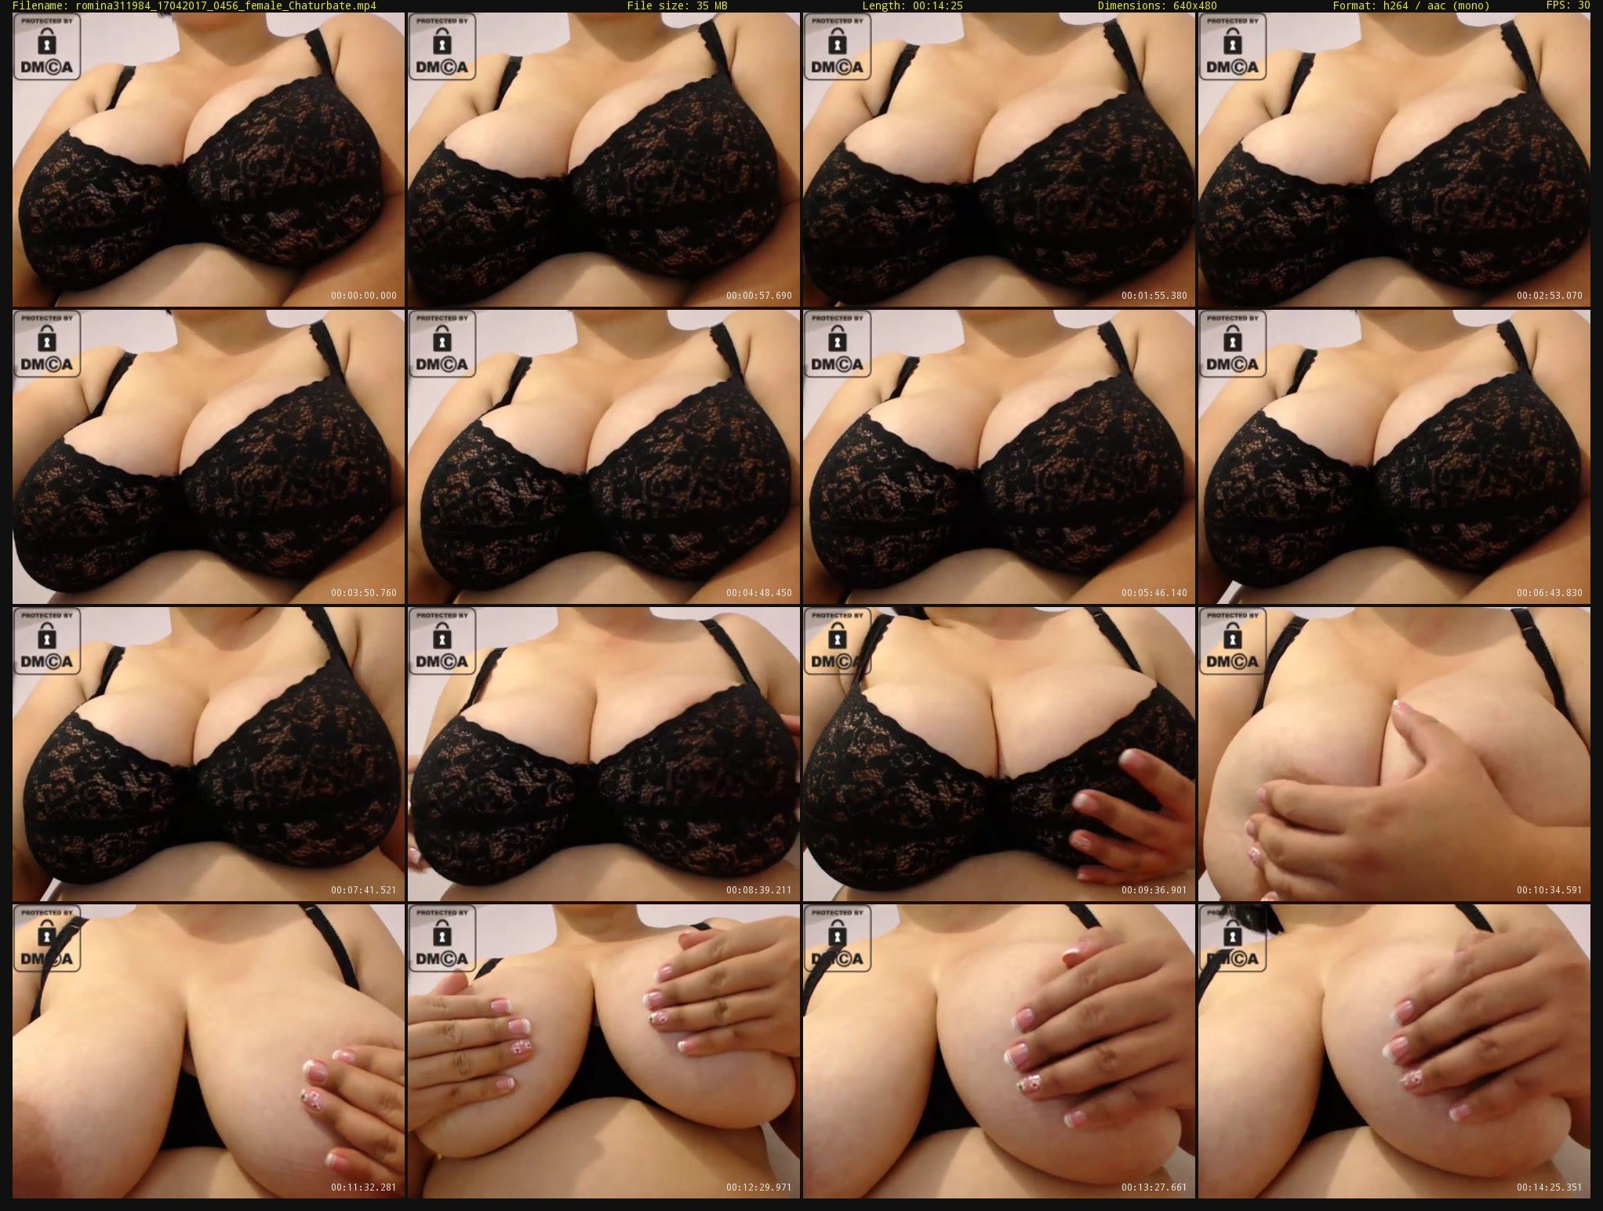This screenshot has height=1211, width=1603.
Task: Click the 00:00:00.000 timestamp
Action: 364,296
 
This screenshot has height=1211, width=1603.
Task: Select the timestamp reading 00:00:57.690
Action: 759,296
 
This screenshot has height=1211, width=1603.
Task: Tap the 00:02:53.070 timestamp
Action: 1550,296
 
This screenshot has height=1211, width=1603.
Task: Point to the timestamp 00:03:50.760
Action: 364,593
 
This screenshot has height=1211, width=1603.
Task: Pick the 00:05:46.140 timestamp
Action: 1154,593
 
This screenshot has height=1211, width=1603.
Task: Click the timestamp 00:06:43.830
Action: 1550,593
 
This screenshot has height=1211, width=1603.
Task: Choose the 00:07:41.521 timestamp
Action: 364,890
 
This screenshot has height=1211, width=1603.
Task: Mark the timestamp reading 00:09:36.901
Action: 1154,890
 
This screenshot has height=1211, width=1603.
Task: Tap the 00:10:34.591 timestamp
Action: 1550,890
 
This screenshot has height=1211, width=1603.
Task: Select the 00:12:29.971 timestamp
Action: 759,1187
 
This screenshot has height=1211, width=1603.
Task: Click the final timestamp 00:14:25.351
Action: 1550,1187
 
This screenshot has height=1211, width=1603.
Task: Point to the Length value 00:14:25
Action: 936,5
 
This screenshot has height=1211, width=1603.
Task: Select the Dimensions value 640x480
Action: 1168,5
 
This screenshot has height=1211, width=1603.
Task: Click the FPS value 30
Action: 1584,5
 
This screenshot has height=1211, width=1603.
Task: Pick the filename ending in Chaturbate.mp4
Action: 226,5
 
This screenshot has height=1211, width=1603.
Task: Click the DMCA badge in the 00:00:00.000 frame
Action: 47,47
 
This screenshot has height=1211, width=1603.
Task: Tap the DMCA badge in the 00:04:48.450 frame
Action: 442,344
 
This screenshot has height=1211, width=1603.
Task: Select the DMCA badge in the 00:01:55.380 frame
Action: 838,47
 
